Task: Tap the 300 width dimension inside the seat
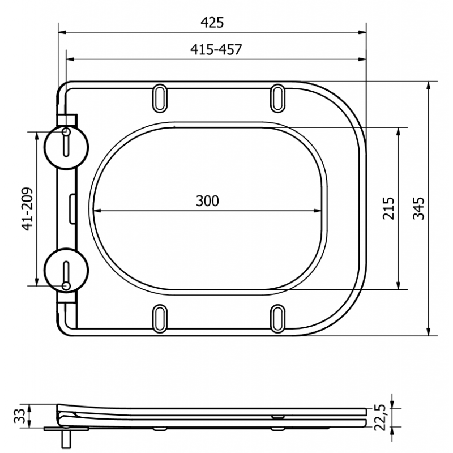(x=207, y=200)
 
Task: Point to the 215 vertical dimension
(x=388, y=208)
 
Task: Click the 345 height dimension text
(x=418, y=208)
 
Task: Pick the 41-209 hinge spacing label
(x=26, y=208)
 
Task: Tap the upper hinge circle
(x=67, y=146)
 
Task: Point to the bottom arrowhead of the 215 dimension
(x=399, y=285)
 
